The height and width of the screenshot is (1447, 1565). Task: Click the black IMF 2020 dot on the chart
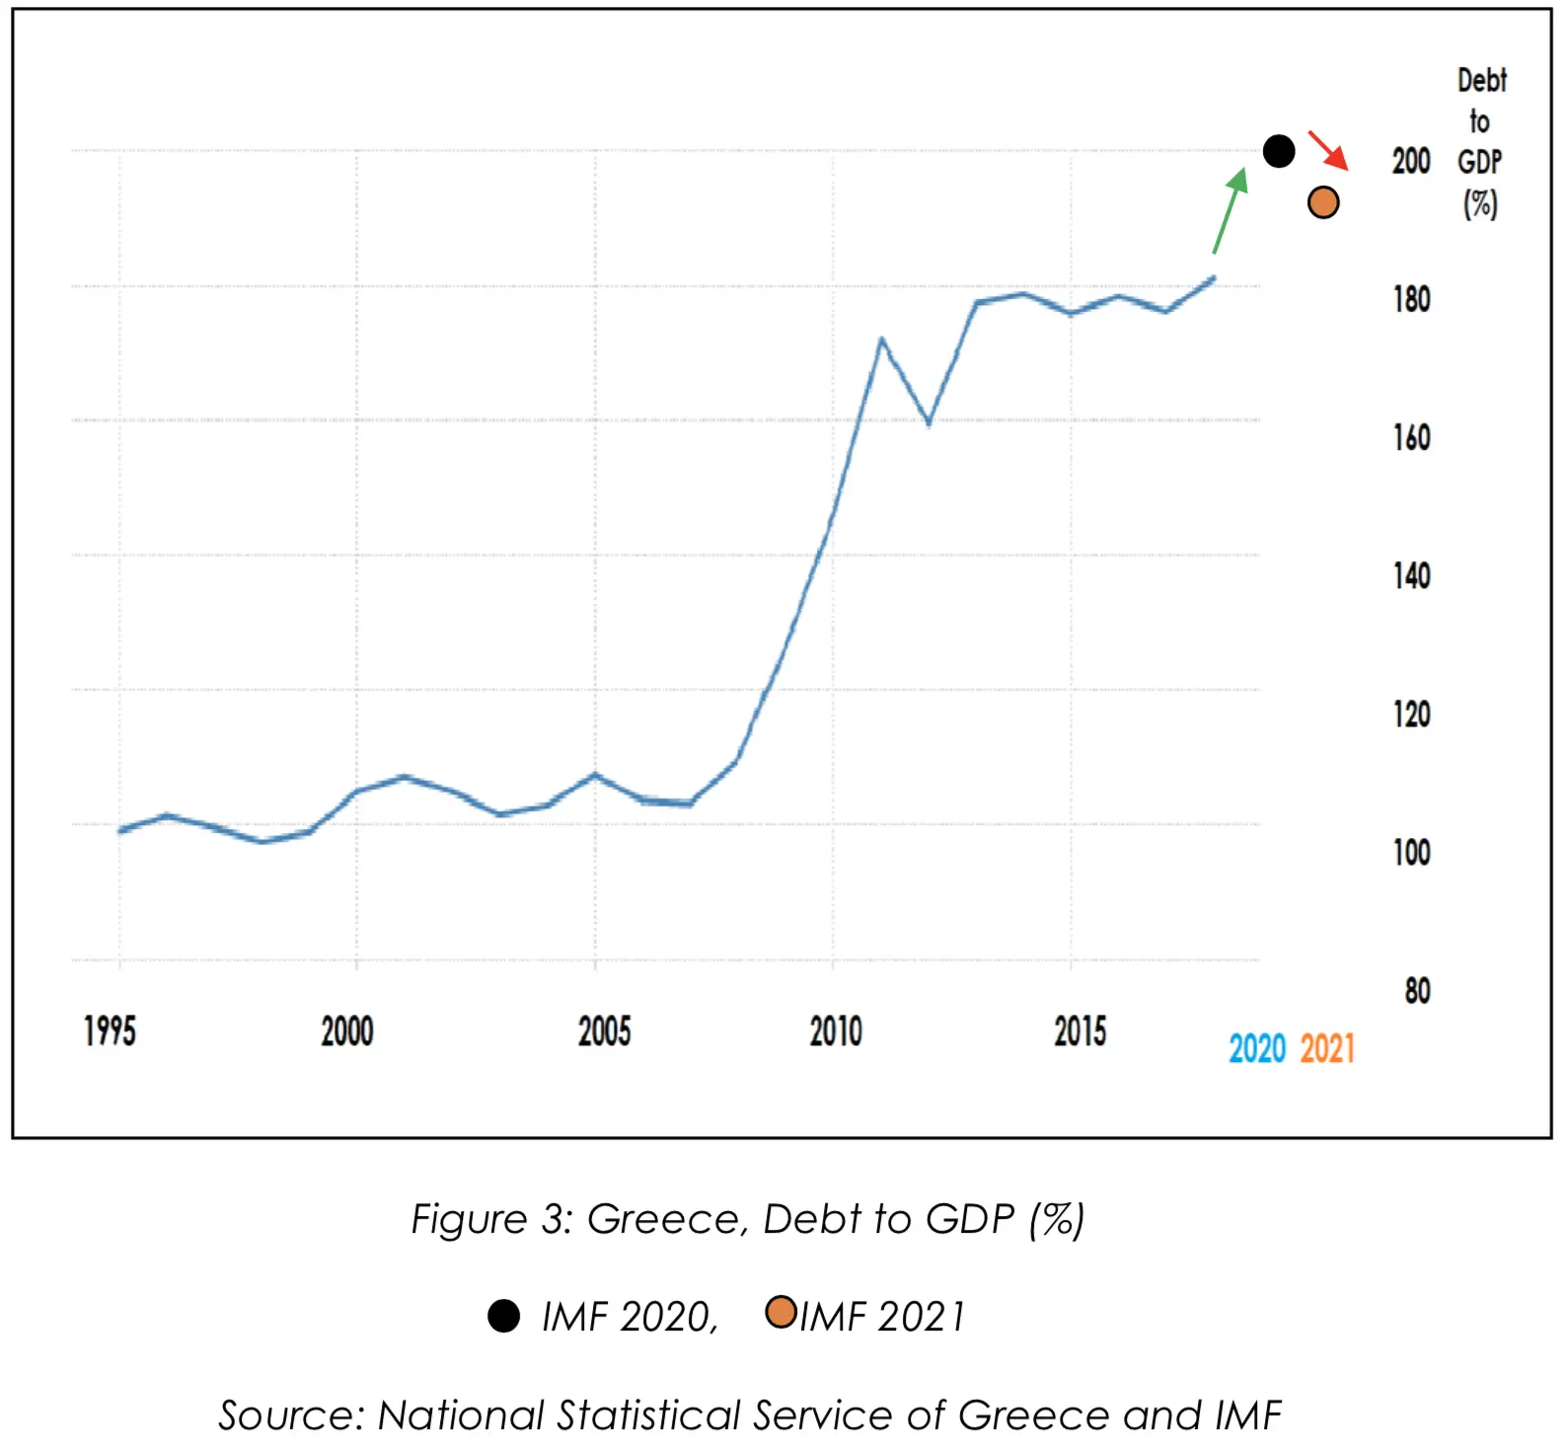(1278, 151)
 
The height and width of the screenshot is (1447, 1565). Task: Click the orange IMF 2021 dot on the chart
(1322, 202)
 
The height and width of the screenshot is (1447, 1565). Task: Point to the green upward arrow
(1230, 210)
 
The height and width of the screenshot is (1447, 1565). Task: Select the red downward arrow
(1328, 149)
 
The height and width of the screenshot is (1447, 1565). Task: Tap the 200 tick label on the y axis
(1410, 161)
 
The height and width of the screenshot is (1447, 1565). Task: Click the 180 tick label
(1411, 299)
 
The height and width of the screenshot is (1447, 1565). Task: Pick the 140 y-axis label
(1411, 575)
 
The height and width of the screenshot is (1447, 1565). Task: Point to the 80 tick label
(1417, 990)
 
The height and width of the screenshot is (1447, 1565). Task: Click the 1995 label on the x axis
(110, 1031)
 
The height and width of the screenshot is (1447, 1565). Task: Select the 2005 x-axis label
(604, 1031)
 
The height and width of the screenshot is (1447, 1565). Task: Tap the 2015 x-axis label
(1080, 1031)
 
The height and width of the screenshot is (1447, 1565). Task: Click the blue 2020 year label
(1256, 1048)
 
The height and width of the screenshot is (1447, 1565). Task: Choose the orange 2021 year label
(1326, 1048)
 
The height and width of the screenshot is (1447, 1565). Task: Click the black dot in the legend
(503, 1316)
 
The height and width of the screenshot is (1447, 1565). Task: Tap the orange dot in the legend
(781, 1312)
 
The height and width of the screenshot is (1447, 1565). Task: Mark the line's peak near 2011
(881, 340)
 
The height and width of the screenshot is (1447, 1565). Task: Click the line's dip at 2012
(929, 423)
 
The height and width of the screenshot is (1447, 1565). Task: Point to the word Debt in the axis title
(1481, 80)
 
